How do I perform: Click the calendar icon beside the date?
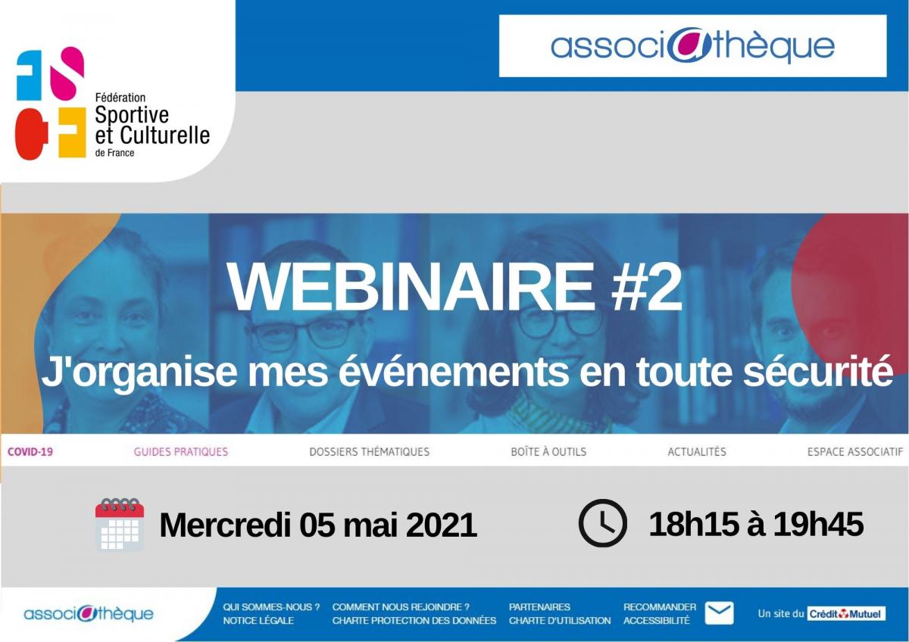click(x=120, y=525)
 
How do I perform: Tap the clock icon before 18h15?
click(x=603, y=523)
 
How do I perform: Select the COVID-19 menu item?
click(x=30, y=452)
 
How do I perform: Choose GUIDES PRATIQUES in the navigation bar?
click(x=181, y=452)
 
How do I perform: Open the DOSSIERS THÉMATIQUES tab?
click(x=370, y=452)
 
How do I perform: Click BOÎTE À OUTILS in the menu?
click(x=548, y=452)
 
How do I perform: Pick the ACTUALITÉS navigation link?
click(x=697, y=452)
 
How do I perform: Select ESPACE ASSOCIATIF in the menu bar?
click(x=855, y=452)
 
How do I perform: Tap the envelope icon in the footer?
click(x=719, y=612)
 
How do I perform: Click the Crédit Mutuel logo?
click(x=846, y=614)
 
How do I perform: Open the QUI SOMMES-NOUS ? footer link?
click(x=271, y=607)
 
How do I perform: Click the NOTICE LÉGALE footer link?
click(x=258, y=621)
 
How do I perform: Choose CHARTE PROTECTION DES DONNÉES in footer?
click(x=414, y=621)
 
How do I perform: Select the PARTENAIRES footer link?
click(x=539, y=607)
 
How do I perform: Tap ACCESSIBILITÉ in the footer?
click(x=656, y=621)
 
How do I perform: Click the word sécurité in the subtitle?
click(x=817, y=371)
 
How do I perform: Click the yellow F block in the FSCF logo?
click(x=72, y=132)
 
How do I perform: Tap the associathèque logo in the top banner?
click(x=692, y=46)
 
